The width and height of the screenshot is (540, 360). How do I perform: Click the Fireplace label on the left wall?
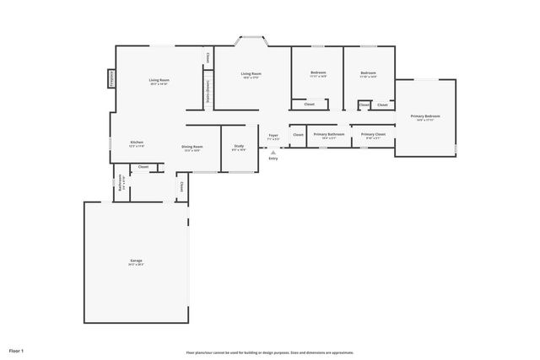coord(110,78)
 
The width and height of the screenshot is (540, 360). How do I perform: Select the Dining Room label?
coord(192,148)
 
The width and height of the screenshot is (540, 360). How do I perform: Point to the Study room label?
coord(239,148)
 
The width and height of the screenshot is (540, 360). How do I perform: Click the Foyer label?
coord(273,136)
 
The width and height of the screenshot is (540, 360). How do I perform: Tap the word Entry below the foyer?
coord(273,159)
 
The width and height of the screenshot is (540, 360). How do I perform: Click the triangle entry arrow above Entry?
coord(273,152)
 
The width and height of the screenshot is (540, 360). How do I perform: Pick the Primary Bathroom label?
coord(329,135)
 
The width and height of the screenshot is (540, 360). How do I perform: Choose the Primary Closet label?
coord(374,135)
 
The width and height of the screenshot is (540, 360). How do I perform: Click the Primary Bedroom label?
coord(425,116)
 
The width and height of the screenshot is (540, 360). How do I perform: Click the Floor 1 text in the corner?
coord(17,350)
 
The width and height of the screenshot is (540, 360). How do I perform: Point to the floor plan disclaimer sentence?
coord(269,352)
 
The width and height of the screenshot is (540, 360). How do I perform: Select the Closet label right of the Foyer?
coord(298,135)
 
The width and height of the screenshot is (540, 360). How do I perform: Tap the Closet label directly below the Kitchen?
coord(143,167)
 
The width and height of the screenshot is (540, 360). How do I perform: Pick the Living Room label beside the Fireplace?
coord(159,81)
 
